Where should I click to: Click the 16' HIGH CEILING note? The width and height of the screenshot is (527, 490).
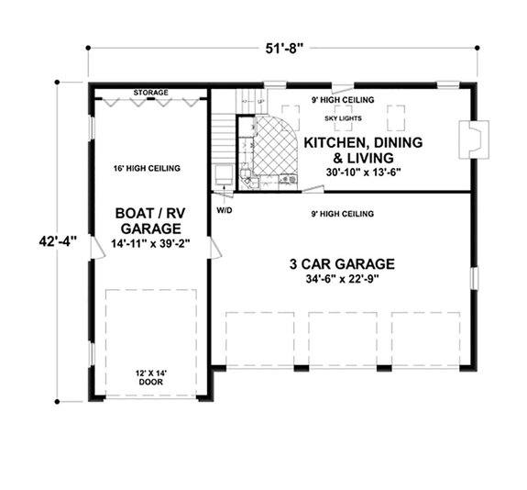147,168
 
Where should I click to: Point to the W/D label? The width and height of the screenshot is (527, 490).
224,209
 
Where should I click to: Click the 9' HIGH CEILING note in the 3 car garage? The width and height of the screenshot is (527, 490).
345,214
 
